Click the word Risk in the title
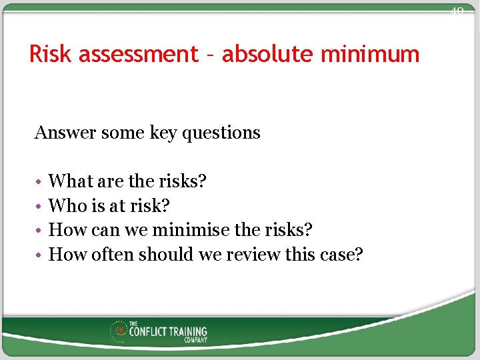click(51, 54)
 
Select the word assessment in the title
click(138, 54)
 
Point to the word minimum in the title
click(370, 54)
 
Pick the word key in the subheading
click(163, 133)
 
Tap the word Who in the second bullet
click(65, 206)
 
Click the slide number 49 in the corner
click(457, 11)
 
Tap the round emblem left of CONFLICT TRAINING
click(121, 329)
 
